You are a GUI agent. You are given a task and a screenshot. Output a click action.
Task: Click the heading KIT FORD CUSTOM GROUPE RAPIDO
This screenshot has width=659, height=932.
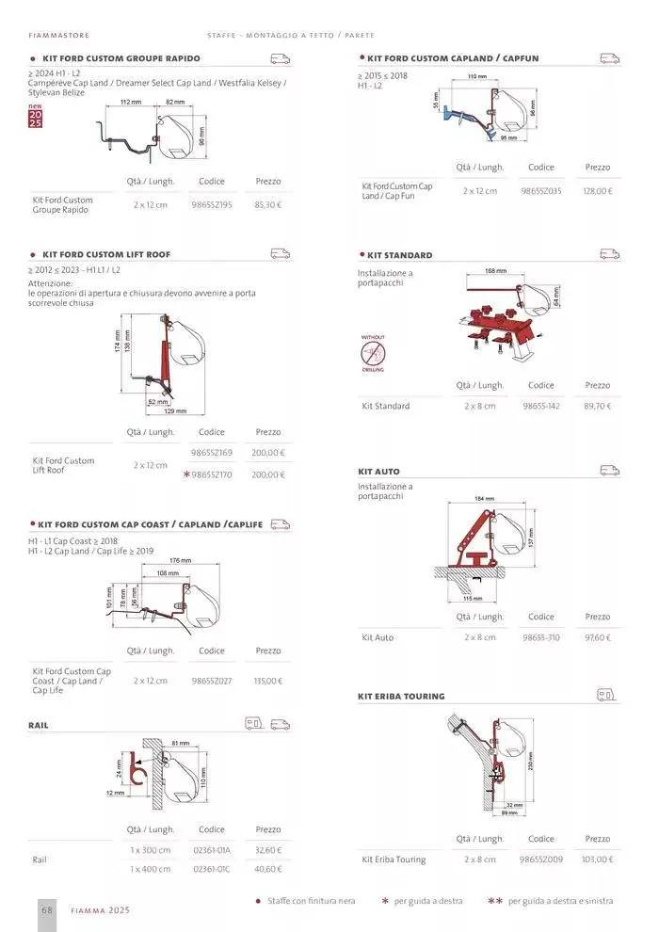click(x=121, y=58)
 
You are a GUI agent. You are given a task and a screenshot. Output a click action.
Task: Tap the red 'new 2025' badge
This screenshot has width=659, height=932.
click(x=35, y=118)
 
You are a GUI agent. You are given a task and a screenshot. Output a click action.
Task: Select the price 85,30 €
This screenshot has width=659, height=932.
click(x=268, y=204)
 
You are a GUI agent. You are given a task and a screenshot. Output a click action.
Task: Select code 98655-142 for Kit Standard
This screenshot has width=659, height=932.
click(x=541, y=407)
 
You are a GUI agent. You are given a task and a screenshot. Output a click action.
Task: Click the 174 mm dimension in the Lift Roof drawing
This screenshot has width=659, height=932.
click(x=118, y=346)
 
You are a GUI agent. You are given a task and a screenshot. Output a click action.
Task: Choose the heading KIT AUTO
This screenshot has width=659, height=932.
click(x=378, y=471)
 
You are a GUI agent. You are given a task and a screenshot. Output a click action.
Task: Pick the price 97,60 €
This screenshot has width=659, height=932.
click(x=598, y=638)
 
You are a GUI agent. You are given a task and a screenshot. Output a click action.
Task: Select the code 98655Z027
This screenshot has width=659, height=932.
click(x=212, y=681)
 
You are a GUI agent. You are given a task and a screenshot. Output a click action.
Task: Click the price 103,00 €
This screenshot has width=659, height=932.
click(x=598, y=860)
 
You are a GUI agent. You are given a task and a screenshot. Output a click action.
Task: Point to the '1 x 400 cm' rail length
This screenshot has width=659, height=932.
click(x=151, y=869)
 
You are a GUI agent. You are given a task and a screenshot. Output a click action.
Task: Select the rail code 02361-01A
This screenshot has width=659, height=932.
click(x=212, y=850)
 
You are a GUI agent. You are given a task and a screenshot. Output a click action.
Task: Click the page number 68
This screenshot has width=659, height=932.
click(x=46, y=910)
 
